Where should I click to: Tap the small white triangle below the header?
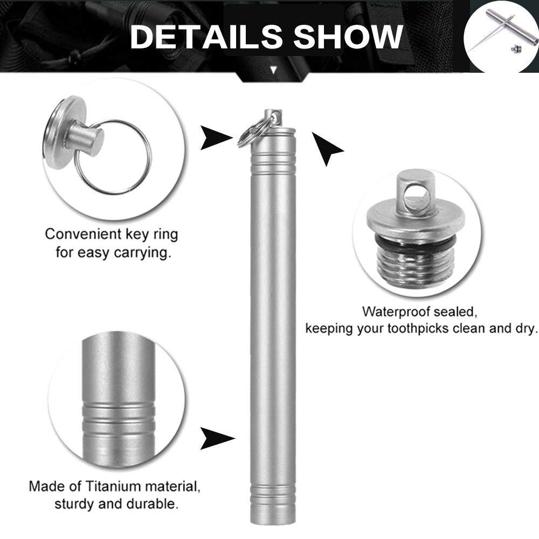tap(273, 70)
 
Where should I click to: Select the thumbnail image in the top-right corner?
tap(501, 36)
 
